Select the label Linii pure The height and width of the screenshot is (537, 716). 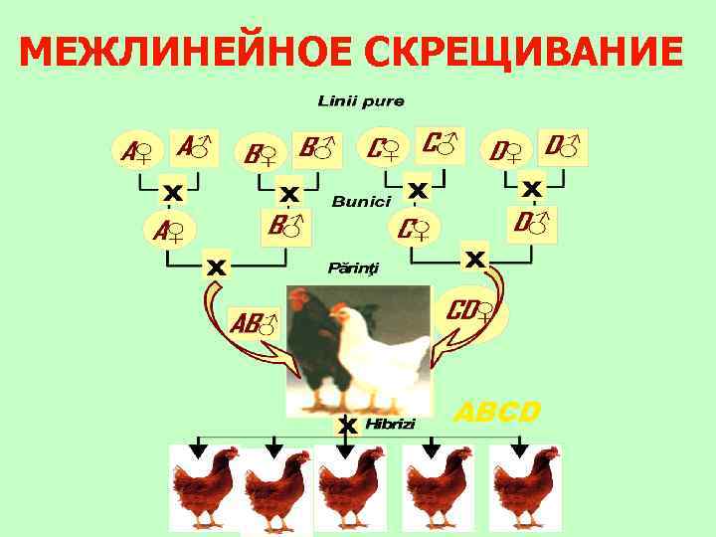tap(360, 101)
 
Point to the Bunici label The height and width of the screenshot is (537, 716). tap(361, 202)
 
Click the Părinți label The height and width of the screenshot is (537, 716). tap(353, 268)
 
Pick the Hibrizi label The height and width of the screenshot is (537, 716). tap(391, 424)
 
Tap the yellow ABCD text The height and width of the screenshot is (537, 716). tap(497, 411)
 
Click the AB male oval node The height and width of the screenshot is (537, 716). tap(254, 321)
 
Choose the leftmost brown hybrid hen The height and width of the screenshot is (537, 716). tap(203, 487)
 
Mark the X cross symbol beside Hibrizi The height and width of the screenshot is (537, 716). tap(347, 426)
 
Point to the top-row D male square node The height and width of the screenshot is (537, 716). tap(562, 146)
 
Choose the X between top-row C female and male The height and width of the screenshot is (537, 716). tap(418, 187)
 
